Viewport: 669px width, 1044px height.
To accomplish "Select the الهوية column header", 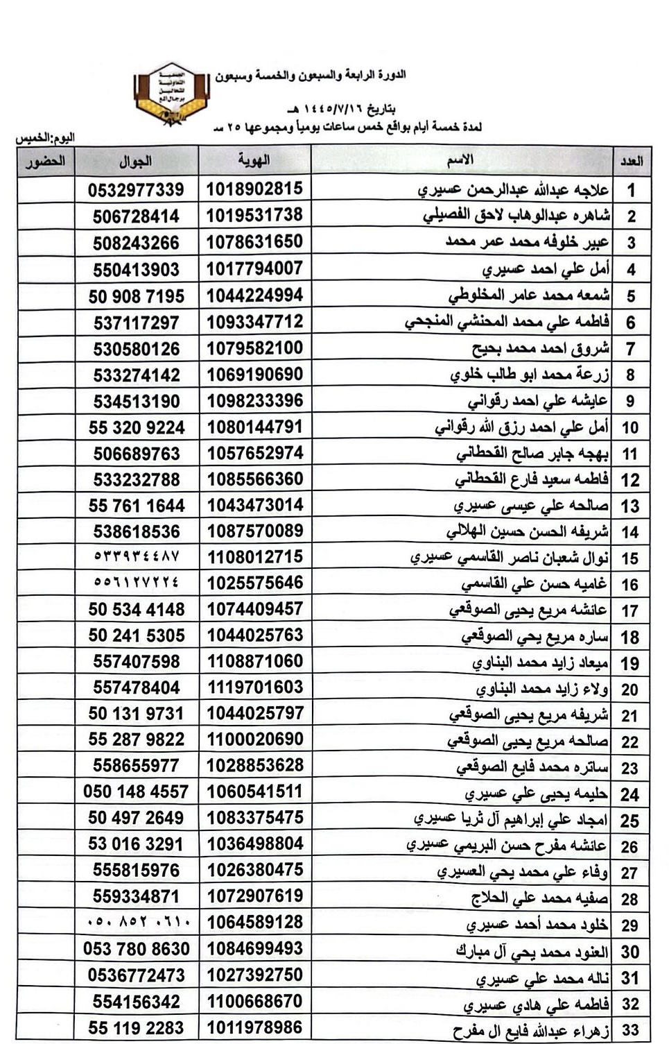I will click(x=254, y=161).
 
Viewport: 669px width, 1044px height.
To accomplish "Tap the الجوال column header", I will click(x=136, y=162).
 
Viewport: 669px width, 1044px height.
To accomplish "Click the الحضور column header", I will click(x=46, y=162).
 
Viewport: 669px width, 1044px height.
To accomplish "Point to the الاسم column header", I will click(x=460, y=160).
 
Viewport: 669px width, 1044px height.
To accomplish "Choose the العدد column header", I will click(x=631, y=162).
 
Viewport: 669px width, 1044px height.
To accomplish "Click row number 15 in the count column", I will click(x=629, y=558).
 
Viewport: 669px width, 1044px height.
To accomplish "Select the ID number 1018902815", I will click(x=254, y=189).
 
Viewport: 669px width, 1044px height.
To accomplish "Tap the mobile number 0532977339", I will click(x=136, y=189).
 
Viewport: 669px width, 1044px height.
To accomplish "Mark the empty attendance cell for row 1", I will click(x=46, y=189).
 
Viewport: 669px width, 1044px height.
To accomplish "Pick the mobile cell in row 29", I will click(x=136, y=923).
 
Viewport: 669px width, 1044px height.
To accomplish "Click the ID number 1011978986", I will click(x=254, y=1027).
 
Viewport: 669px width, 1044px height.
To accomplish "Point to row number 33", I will click(x=629, y=1029).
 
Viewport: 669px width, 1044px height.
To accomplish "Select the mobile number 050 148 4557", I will click(x=136, y=791).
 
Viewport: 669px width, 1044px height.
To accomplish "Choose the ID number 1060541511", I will click(x=254, y=791).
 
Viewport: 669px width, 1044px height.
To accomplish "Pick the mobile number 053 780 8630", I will click(x=136, y=948).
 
